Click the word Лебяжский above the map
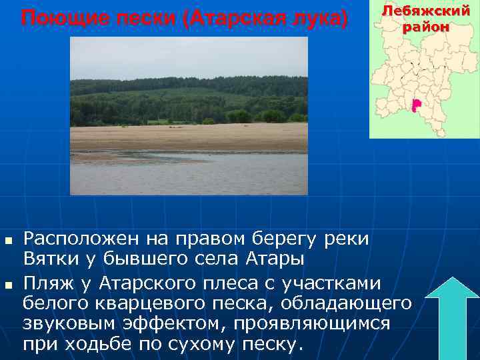coord(425,11)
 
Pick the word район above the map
coord(425,28)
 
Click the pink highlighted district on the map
coord(416,105)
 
